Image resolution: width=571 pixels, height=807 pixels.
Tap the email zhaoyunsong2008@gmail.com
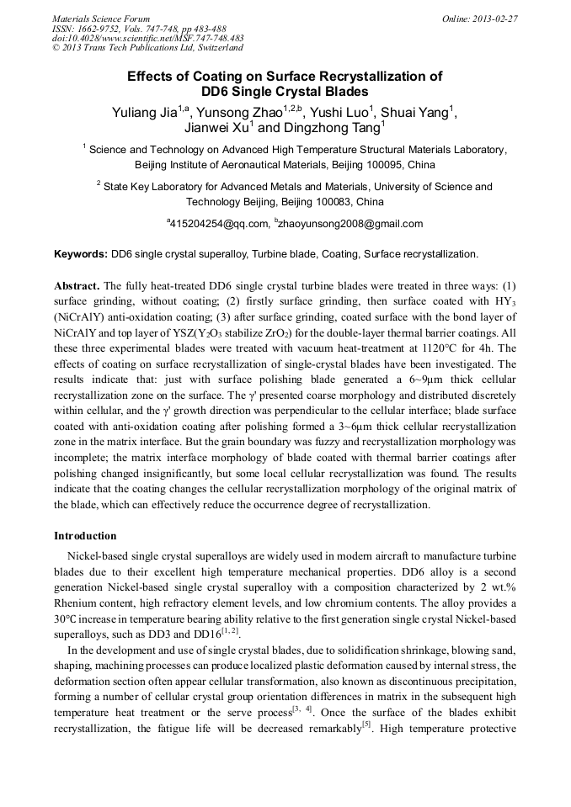[x=350, y=224]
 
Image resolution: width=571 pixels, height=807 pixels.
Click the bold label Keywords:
[x=81, y=253]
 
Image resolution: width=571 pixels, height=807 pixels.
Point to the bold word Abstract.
[x=77, y=285]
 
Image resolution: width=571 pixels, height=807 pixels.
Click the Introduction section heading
[x=85, y=535]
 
